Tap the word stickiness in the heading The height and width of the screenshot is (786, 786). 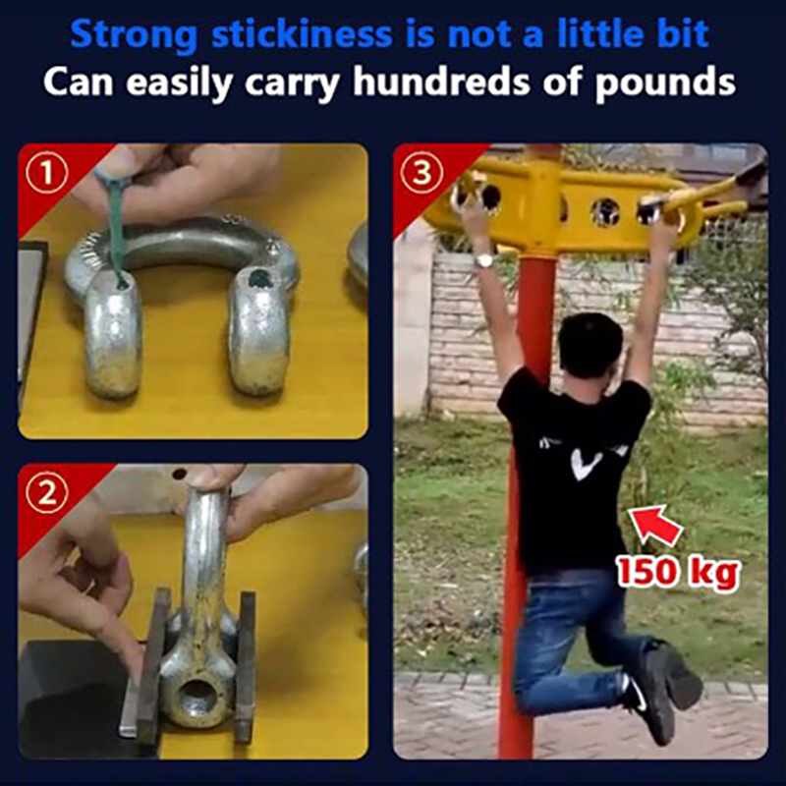tap(302, 33)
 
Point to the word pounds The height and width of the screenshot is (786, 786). tap(665, 84)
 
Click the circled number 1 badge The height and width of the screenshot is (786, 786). tap(46, 173)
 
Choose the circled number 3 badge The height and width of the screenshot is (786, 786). tap(421, 173)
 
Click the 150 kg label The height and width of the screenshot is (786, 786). tap(677, 572)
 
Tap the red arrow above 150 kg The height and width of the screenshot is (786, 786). tap(655, 525)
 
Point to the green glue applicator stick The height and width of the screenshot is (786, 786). tap(115, 226)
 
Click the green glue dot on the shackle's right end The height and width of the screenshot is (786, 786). tap(259, 278)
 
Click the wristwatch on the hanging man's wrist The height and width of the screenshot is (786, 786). tap(483, 259)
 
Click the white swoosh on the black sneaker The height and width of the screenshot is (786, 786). tap(636, 697)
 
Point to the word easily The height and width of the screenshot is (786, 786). tap(180, 84)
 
